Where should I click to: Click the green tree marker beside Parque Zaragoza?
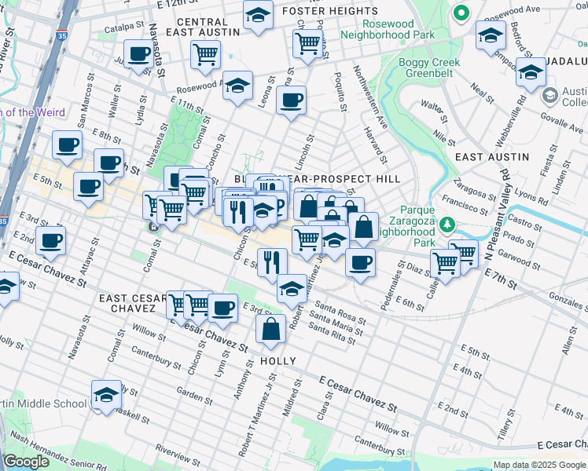click(x=447, y=226)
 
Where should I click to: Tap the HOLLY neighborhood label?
click(x=277, y=361)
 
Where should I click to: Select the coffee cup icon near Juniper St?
click(x=139, y=55)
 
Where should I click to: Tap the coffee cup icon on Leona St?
click(x=291, y=101)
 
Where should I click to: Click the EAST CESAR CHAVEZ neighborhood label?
click(x=131, y=305)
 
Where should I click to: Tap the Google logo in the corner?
click(x=26, y=462)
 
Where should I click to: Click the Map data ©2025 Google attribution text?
click(x=538, y=465)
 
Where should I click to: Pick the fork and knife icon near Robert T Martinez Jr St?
click(x=272, y=261)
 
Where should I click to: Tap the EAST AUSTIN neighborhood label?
click(x=491, y=157)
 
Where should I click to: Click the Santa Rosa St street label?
click(x=339, y=313)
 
